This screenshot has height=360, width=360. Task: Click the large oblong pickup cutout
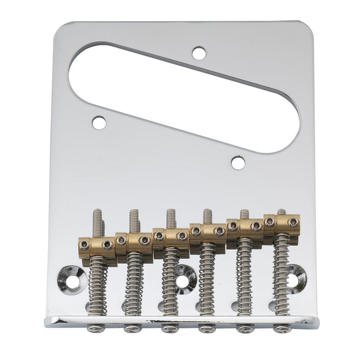tap(180, 93)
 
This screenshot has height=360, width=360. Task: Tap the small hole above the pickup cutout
tap(199, 52)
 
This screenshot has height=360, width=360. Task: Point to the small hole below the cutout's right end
tap(237, 163)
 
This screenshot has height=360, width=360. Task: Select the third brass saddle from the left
tap(170, 236)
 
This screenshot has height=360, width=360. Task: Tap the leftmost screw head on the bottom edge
tap(93, 328)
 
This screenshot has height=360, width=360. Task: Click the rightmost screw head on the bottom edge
tap(281, 328)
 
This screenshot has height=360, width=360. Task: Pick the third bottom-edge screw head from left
tap(168, 328)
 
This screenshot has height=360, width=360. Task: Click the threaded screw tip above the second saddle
tap(134, 219)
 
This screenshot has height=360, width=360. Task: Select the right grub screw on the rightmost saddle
tap(293, 222)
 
